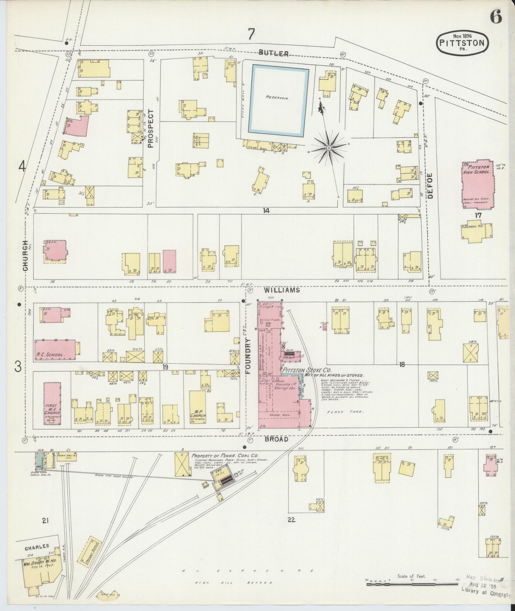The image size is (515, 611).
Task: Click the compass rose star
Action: point(329,148)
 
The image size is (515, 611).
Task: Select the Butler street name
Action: point(274,54)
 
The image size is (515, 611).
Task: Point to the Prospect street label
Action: point(151,128)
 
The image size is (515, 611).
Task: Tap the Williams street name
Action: point(282,290)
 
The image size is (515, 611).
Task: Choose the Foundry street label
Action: point(249,356)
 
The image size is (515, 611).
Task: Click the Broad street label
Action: point(276,439)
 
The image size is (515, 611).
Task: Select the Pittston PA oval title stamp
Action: point(462,42)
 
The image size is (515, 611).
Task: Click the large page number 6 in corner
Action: point(496,17)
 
